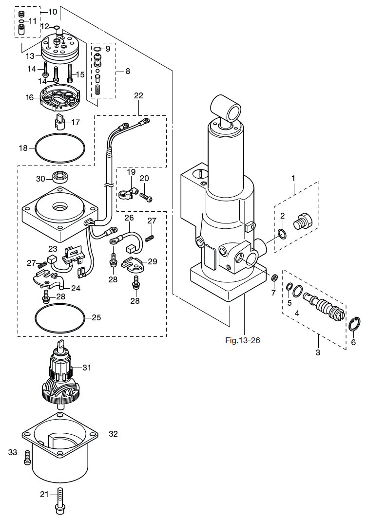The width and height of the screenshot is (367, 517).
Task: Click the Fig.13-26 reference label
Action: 243,340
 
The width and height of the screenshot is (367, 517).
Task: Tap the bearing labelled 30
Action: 59,177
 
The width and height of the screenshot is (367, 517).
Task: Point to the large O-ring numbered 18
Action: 35,148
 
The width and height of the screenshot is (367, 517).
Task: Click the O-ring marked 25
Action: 35,318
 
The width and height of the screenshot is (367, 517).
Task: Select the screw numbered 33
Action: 27,458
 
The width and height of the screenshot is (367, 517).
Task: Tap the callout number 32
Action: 113,434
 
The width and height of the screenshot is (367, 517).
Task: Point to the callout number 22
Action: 138,95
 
